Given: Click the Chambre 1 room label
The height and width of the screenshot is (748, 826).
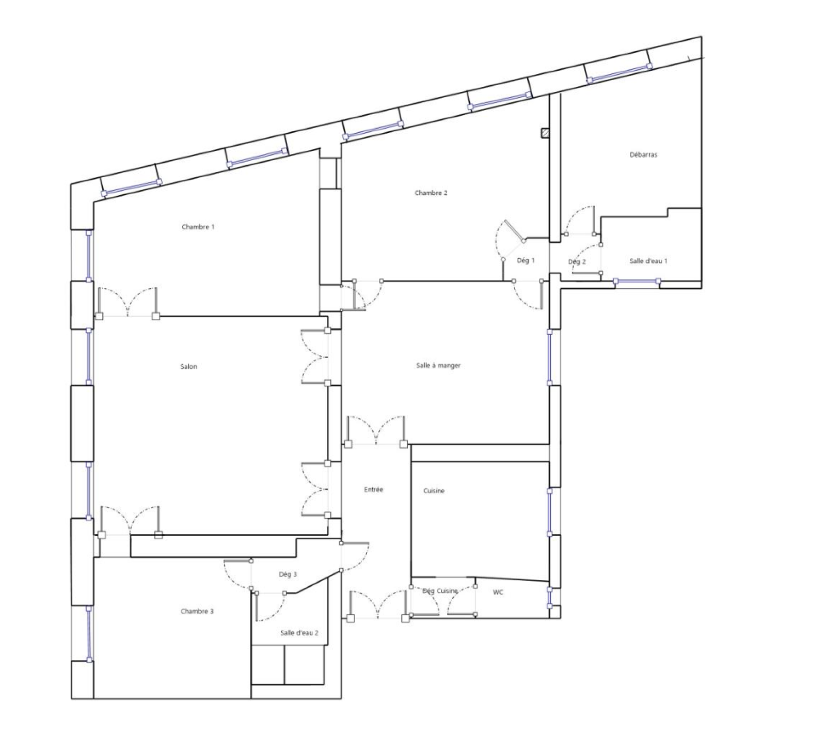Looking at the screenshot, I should (x=198, y=227).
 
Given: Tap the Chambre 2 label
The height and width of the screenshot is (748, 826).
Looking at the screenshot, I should (x=431, y=193).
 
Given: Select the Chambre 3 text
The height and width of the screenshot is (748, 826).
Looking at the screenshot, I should (x=197, y=612).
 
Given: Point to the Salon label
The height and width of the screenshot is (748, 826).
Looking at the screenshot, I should (x=189, y=367).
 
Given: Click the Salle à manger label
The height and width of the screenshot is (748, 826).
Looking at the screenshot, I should (x=438, y=366).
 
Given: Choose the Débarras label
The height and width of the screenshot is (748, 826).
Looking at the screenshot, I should (x=643, y=155).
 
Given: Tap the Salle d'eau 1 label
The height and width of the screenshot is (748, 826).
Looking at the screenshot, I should (x=648, y=261).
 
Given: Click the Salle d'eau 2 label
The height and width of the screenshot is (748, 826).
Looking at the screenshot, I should (x=299, y=633).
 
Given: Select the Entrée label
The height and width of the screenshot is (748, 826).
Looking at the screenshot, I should (x=373, y=490).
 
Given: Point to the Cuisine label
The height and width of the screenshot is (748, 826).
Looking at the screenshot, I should (x=434, y=491).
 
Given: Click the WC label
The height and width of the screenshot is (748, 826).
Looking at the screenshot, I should (x=497, y=593).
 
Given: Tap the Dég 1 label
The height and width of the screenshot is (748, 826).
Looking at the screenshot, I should (x=526, y=261).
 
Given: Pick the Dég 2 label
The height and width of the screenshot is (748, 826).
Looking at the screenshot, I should (x=577, y=262).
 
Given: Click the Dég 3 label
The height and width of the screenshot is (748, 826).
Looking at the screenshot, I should (x=288, y=574).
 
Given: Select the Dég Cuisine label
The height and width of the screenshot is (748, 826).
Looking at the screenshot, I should (x=440, y=591).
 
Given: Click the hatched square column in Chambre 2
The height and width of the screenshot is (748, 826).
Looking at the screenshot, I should (x=545, y=133).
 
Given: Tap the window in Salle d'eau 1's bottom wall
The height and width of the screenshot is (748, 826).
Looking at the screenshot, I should (x=637, y=282).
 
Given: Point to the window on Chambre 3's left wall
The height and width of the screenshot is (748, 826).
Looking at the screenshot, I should (x=89, y=634).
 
